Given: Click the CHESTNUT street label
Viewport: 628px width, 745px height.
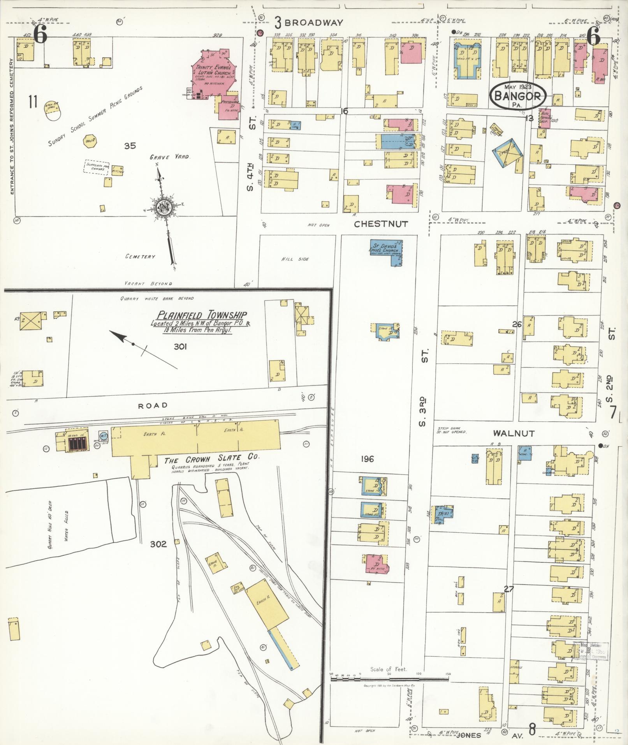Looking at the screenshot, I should point(381,224).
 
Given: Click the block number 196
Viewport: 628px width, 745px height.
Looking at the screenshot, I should point(367,459).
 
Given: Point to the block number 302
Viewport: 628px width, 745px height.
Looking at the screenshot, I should point(158,544).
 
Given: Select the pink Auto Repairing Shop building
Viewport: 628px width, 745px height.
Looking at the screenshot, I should point(544,118).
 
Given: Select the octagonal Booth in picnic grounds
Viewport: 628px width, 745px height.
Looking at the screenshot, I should point(89,141).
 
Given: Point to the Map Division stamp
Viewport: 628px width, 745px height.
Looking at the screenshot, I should point(590,651).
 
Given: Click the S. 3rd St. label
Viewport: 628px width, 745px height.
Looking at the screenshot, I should point(424,389).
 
